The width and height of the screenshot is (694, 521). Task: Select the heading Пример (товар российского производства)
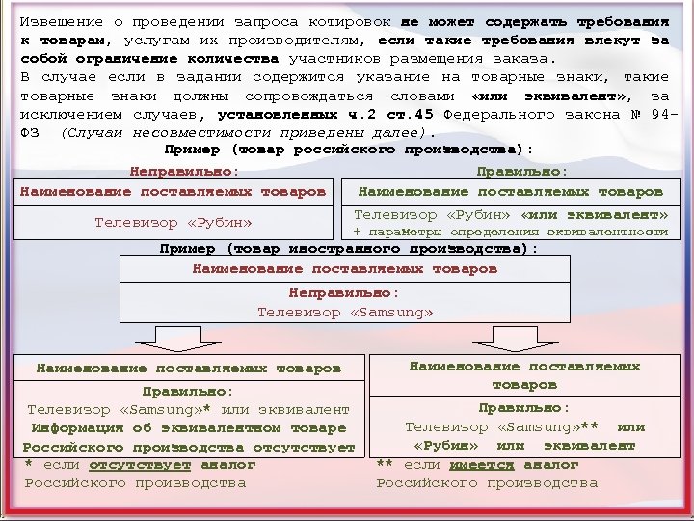point(349,150)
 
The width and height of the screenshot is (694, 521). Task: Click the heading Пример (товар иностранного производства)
point(349,248)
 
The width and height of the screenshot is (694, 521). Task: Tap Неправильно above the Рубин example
point(184,170)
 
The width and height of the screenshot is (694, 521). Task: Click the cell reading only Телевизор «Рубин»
point(173,223)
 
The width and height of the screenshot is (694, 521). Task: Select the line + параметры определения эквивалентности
point(510,232)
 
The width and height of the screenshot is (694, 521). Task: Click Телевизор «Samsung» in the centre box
point(345,312)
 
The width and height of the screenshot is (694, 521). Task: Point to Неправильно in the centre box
point(344,292)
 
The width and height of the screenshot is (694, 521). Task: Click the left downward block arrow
point(173,339)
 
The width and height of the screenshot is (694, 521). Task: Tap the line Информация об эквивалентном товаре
point(188,427)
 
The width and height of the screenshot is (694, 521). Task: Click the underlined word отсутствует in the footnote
point(140,464)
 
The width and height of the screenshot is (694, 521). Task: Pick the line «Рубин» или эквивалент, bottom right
point(524,445)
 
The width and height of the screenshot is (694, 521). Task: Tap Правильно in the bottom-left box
point(188,392)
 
